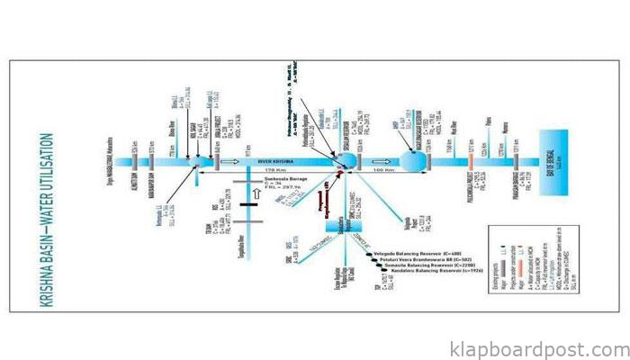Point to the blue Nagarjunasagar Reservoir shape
(x=411, y=158)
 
